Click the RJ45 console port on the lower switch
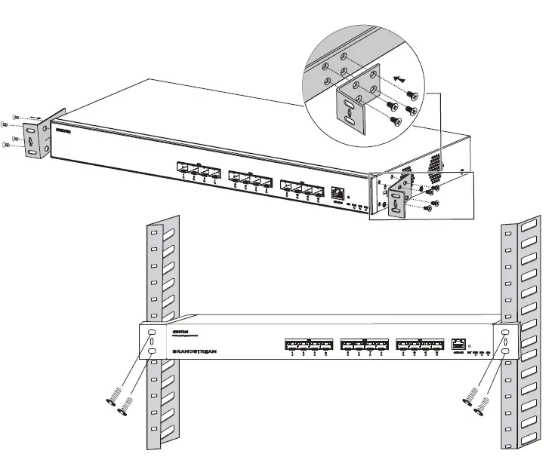coord(458,344)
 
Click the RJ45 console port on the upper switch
coord(338,192)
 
